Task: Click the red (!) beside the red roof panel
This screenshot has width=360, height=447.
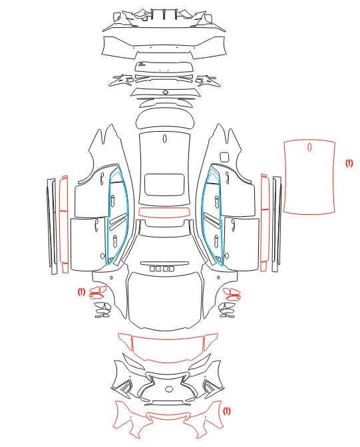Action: pyautogui.click(x=349, y=163)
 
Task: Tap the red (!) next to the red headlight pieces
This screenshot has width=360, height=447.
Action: pyautogui.click(x=81, y=291)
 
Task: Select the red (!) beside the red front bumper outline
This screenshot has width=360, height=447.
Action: pyautogui.click(x=226, y=411)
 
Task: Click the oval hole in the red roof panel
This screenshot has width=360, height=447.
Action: pyautogui.click(x=309, y=148)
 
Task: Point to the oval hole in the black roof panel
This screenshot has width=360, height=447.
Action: pyautogui.click(x=164, y=139)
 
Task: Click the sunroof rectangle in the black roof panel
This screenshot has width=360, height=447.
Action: pyautogui.click(x=164, y=185)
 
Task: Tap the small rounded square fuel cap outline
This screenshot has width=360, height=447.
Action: pyautogui.click(x=224, y=157)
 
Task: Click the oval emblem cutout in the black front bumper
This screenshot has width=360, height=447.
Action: pyautogui.click(x=169, y=389)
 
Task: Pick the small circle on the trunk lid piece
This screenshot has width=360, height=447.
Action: pyautogui.click(x=166, y=92)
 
